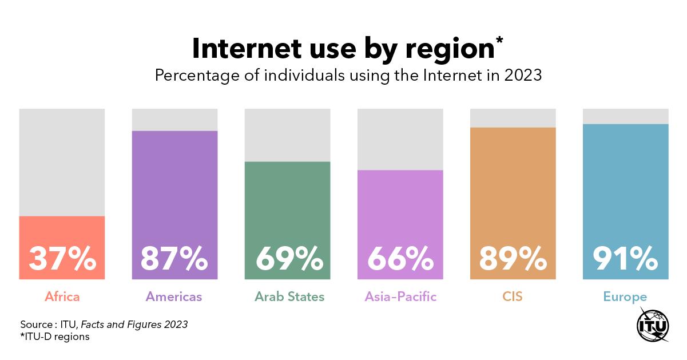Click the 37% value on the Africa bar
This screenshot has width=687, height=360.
coord(62,259)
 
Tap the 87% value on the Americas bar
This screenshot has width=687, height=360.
coord(174,259)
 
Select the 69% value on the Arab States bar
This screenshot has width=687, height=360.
coord(287,259)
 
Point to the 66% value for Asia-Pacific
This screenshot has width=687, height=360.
coord(400,259)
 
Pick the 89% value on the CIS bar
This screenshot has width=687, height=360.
coord(513,259)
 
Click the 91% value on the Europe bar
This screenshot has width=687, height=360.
coord(625,259)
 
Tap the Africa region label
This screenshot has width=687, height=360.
coord(62,296)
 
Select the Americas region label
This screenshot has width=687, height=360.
coord(174,296)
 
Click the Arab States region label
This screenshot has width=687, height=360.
coord(289,296)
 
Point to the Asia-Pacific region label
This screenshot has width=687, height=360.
coord(400,296)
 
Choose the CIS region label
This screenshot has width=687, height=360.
coord(513,296)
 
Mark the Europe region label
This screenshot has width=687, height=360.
coord(625,296)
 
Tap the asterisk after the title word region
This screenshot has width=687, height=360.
coord(499,41)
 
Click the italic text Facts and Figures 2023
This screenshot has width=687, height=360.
coord(134,325)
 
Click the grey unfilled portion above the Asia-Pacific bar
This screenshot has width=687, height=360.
coord(400,139)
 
